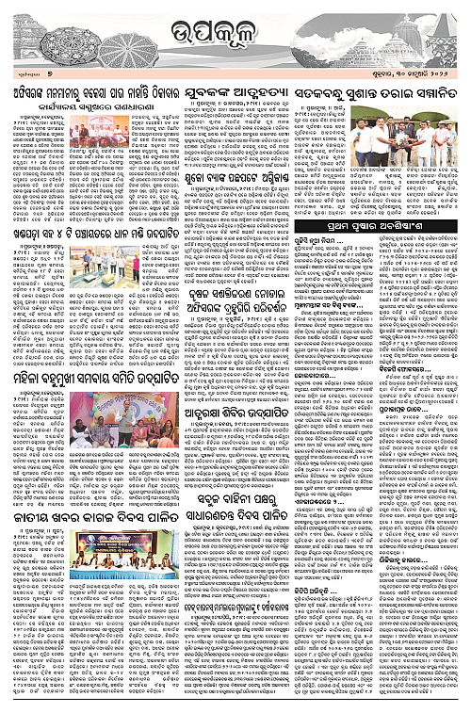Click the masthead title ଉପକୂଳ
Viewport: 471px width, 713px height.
[x=235, y=35]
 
